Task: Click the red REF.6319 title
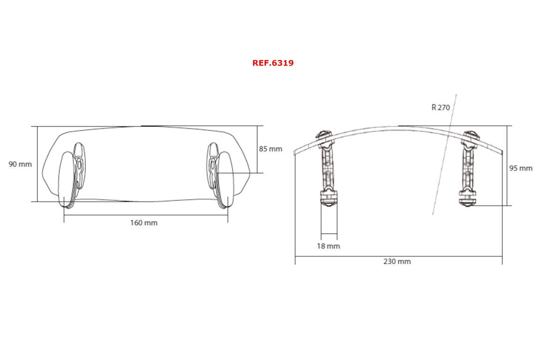[273, 63]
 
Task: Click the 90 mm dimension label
[20, 164]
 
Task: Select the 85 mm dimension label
[271, 149]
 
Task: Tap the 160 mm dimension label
[144, 223]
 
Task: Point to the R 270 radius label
[441, 107]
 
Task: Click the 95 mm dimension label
[521, 168]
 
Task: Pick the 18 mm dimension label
[328, 246]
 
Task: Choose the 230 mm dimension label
[397, 261]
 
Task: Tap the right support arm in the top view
[469, 164]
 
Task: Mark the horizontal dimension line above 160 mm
[145, 215]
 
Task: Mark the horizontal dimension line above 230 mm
[398, 256]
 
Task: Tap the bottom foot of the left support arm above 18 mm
[328, 199]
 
